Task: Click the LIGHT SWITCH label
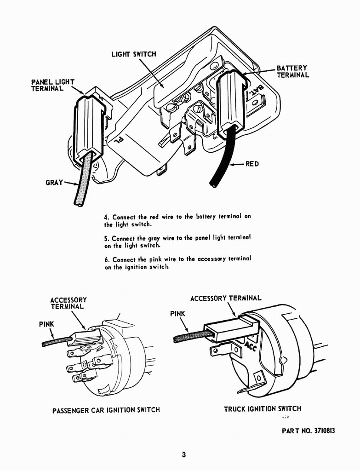tap(133, 54)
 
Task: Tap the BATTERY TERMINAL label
tap(292, 72)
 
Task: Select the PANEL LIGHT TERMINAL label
tap(52, 85)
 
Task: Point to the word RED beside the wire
tap(252, 164)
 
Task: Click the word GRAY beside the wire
tap(54, 183)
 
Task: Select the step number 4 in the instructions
tap(106, 217)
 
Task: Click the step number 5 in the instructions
tap(106, 238)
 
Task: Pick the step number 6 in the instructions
tap(106, 259)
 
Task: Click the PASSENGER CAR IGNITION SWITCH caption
tap(106, 410)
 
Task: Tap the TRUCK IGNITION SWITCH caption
tap(263, 408)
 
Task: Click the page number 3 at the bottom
tap(183, 455)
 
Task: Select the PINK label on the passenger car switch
tap(46, 324)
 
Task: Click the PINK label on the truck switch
tap(177, 314)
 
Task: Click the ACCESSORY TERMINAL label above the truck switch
tap(226, 298)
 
